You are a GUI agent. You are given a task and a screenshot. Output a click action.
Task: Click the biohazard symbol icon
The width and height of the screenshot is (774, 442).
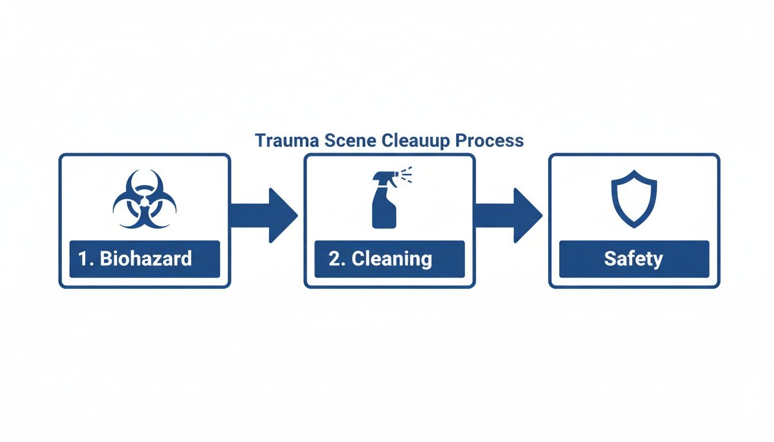145,199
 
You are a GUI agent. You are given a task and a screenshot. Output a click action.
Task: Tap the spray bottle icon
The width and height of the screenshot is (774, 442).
385,201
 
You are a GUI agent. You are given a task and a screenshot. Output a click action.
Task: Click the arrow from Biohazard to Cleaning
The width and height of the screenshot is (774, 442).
265,215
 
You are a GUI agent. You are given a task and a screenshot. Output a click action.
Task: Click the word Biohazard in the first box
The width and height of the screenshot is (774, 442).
146,259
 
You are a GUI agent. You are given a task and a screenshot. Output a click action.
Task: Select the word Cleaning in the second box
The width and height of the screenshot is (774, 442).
392,259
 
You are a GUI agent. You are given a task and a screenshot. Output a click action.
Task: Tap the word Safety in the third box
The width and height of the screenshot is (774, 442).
633,259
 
